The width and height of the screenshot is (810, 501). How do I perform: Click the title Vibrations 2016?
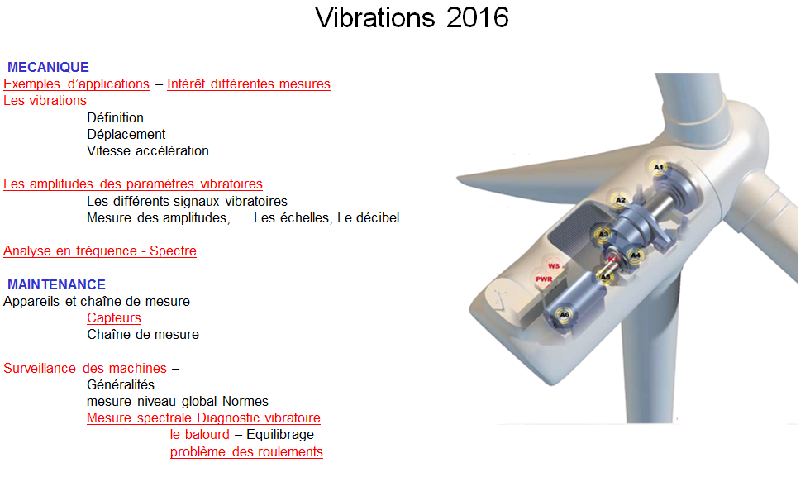(x=412, y=18)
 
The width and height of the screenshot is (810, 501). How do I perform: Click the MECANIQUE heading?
(x=48, y=67)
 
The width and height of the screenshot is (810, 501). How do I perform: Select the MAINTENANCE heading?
(x=56, y=284)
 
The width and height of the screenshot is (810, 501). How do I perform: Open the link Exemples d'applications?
(x=76, y=84)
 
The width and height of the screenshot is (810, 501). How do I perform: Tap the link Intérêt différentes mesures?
(x=249, y=84)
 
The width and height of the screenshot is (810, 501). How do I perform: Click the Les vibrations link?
(x=45, y=101)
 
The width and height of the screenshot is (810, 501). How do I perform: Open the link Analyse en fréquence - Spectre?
(x=100, y=251)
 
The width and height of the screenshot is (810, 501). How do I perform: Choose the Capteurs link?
(x=114, y=318)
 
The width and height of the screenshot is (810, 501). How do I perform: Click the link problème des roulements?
(x=246, y=452)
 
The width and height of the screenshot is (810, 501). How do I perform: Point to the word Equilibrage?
(x=280, y=435)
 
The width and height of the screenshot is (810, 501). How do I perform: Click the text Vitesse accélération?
(x=148, y=150)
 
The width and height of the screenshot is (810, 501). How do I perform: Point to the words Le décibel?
(x=369, y=218)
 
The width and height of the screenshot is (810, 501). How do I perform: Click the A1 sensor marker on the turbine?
(x=658, y=167)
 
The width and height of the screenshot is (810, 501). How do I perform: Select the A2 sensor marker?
(x=621, y=200)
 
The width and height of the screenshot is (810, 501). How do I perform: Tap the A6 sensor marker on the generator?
(x=564, y=314)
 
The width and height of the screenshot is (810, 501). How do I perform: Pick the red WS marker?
(x=554, y=266)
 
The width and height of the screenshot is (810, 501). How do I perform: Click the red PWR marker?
(x=544, y=279)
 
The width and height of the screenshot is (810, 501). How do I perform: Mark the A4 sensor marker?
(x=636, y=255)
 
